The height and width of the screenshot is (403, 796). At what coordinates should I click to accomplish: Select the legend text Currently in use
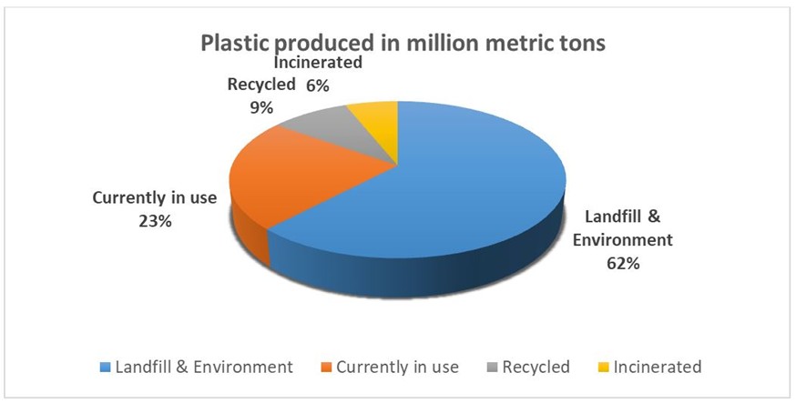point(396,368)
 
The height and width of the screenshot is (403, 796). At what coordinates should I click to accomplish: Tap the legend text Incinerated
point(658,368)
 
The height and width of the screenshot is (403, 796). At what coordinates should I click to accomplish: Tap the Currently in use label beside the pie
point(155,197)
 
